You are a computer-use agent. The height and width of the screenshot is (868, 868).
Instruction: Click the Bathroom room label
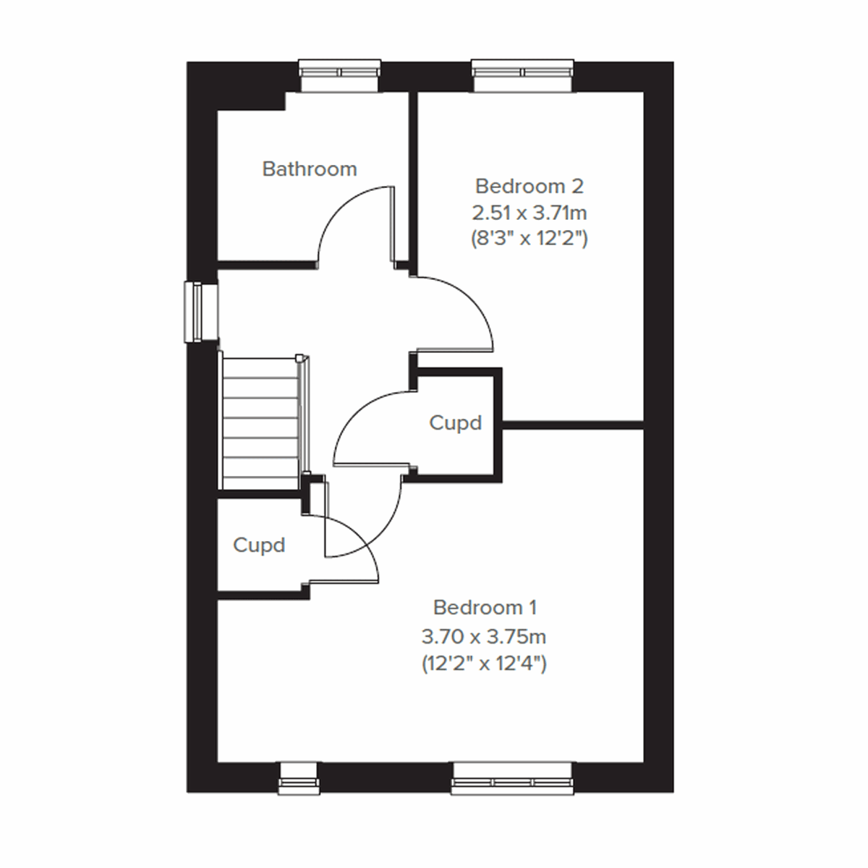310,169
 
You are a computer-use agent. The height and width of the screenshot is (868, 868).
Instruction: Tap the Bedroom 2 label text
529,187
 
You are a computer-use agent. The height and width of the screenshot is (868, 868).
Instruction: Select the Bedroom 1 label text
485,608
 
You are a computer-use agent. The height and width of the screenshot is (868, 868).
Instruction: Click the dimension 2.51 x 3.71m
529,213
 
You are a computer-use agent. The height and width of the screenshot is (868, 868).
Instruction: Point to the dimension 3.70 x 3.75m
484,637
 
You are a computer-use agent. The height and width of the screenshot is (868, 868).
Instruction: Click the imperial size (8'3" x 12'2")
529,239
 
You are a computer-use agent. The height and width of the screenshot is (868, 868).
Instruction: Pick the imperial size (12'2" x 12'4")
484,663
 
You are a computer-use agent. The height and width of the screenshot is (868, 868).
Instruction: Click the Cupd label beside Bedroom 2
455,422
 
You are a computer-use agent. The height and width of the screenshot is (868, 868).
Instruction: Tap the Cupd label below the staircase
259,545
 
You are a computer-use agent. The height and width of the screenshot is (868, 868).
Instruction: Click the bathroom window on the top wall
340,75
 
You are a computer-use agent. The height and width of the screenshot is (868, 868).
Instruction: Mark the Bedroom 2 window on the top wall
524,75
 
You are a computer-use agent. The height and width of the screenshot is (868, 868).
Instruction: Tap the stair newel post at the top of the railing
301,357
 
